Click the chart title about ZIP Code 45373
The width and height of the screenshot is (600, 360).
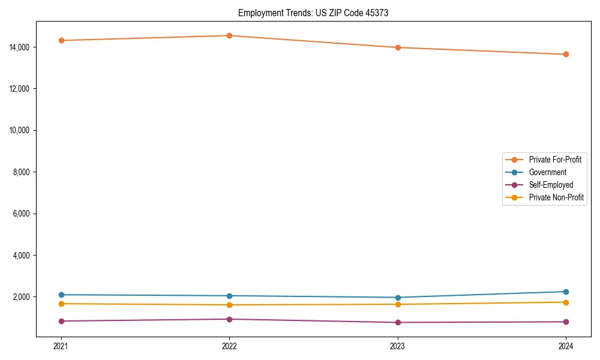(313, 13)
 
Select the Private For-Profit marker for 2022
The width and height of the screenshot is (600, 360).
(229, 35)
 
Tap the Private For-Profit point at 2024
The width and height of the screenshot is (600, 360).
(566, 54)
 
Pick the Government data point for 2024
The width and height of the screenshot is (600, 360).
(566, 292)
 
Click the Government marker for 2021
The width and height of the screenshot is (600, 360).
(61, 295)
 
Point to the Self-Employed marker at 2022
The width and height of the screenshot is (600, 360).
(229, 319)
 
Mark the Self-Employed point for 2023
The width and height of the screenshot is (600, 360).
(397, 322)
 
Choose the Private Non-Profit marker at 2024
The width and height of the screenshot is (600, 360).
(566, 302)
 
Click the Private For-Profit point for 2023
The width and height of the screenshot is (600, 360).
(397, 47)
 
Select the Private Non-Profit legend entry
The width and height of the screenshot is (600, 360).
(556, 197)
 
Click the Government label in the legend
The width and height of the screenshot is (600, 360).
(547, 172)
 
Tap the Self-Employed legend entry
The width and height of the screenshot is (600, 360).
(551, 185)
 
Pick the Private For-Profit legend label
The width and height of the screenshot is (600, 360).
(555, 160)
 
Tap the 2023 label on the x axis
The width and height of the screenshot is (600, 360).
(397, 346)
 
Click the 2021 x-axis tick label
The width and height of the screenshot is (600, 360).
(61, 346)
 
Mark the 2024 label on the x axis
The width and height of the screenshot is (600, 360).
(566, 346)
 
